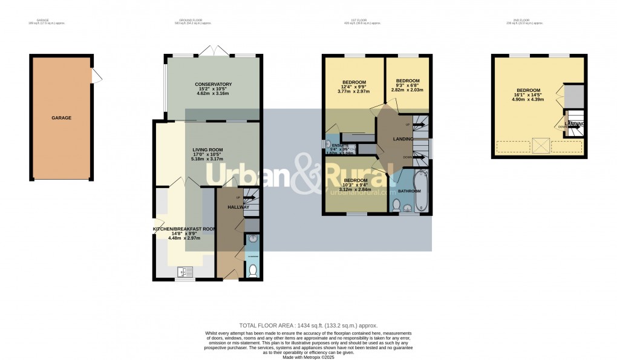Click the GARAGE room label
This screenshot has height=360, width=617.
[61, 117]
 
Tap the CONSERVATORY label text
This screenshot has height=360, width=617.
[213, 84]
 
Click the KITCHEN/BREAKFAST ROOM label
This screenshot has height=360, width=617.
[184, 229]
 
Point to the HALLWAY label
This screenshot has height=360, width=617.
[238, 208]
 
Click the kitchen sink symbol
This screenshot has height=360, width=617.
[184, 272]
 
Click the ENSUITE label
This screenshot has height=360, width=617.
[340, 146]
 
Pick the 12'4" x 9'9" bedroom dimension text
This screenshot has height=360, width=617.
[354, 88]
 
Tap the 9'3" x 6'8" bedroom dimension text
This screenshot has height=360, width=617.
[408, 86]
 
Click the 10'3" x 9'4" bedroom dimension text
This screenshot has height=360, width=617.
[356, 186]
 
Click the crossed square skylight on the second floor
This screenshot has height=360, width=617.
[540, 146]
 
